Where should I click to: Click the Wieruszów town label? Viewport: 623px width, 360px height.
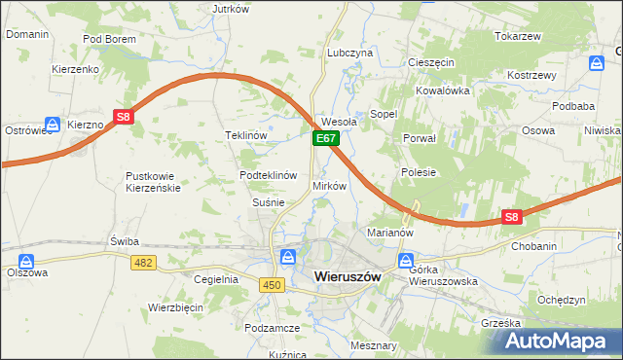(353, 276)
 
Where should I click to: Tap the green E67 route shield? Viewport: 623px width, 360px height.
(325, 140)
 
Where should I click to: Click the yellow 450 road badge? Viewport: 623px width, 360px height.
(273, 283)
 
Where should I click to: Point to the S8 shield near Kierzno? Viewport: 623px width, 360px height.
(123, 118)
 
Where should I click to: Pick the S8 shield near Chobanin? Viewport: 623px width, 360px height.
(513, 217)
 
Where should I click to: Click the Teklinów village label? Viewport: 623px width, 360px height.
(246, 136)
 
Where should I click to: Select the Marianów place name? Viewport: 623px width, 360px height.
(390, 234)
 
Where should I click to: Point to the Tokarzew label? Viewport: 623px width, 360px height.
(517, 36)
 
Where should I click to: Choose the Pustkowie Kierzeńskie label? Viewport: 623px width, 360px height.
(153, 182)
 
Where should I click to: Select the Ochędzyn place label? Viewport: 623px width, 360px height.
(562, 300)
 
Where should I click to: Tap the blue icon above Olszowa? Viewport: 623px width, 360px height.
(26, 261)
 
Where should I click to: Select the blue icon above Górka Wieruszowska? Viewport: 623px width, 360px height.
(407, 261)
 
